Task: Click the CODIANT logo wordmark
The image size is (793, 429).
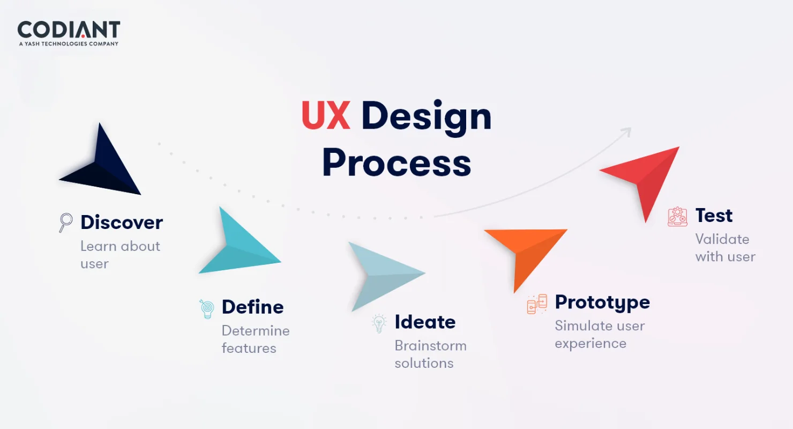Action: [x=69, y=29]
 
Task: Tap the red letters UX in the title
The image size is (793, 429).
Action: [x=326, y=115]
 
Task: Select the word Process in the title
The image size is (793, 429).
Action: [x=396, y=163]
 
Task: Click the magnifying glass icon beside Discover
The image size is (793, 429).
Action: [x=65, y=223]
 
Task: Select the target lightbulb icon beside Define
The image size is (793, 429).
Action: [x=207, y=309]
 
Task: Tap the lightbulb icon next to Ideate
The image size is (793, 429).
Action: [x=379, y=323]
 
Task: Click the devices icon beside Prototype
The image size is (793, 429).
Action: [x=537, y=304]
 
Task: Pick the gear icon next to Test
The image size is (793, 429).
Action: [x=677, y=217]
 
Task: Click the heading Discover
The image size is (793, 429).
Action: [x=122, y=223]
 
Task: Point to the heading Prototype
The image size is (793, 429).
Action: [x=602, y=303]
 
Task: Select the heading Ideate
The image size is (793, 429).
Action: [x=425, y=322]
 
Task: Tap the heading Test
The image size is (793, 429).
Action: [x=714, y=216]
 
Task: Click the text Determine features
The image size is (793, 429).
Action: [x=256, y=339]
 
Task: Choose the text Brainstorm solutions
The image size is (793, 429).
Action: [x=430, y=354]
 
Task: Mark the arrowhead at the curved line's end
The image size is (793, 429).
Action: [x=627, y=132]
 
